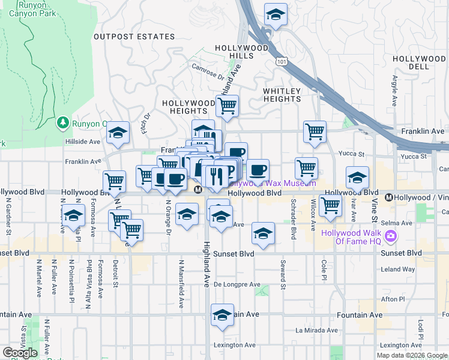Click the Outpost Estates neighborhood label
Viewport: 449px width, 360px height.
point(134,37)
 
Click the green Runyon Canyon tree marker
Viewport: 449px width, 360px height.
point(63,123)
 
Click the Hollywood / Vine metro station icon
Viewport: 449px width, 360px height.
point(389,197)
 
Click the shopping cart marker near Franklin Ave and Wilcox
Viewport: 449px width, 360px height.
point(315,132)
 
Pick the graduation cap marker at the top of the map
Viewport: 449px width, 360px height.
point(276,14)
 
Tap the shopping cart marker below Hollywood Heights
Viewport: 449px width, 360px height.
point(227,107)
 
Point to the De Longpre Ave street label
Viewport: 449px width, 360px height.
point(237,284)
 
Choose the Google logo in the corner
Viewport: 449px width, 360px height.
point(20,353)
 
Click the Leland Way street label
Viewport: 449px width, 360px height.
point(397,269)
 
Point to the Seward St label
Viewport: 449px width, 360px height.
point(282,275)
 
